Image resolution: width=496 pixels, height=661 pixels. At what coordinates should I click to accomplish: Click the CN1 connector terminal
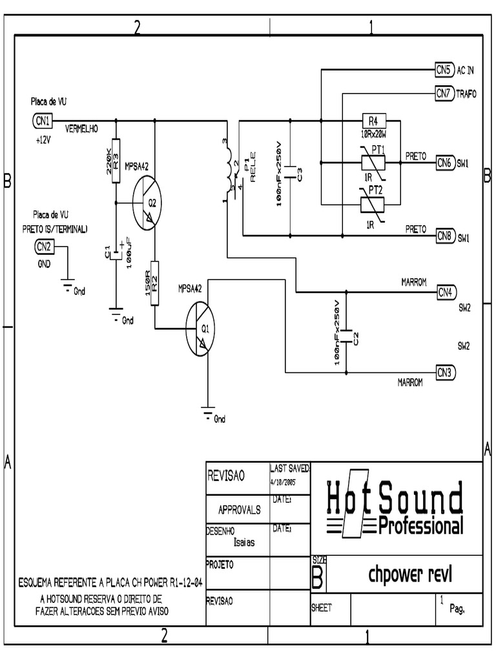click(x=42, y=120)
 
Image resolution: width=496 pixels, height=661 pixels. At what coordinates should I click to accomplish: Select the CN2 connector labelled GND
click(x=43, y=246)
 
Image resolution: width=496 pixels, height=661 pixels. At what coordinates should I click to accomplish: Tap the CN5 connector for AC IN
click(x=444, y=69)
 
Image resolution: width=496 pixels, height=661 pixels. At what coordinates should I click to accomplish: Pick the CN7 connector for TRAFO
click(x=444, y=94)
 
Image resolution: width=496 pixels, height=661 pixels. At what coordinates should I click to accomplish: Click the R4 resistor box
click(x=373, y=121)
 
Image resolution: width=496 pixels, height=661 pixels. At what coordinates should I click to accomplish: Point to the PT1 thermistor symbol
click(x=373, y=161)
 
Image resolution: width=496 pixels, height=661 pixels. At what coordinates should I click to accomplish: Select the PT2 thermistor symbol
click(x=373, y=203)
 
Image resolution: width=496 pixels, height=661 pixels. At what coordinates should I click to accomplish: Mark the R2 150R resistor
click(x=155, y=282)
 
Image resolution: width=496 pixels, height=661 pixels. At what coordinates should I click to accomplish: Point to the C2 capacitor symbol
click(x=346, y=334)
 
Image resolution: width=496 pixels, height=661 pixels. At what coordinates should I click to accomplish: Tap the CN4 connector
click(x=446, y=292)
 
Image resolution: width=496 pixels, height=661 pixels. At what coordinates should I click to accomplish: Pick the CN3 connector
click(x=446, y=372)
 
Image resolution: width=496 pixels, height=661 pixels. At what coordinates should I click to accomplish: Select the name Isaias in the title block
click(x=244, y=542)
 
